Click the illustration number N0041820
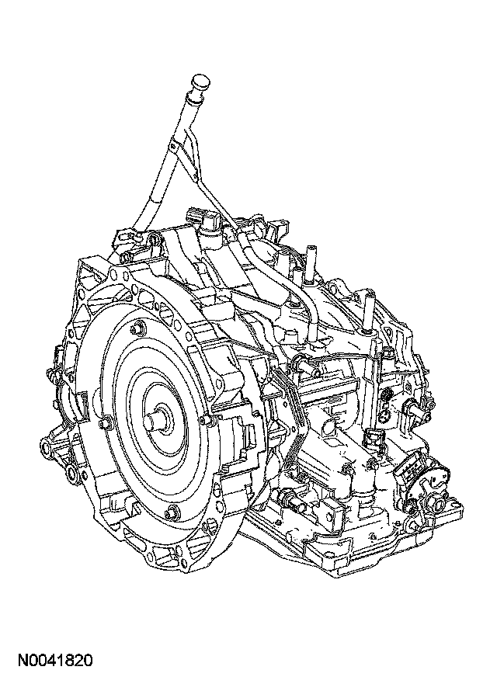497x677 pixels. coord(55,660)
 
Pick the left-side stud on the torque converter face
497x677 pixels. coord(103,424)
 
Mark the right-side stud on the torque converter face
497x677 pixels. coord(207,418)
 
